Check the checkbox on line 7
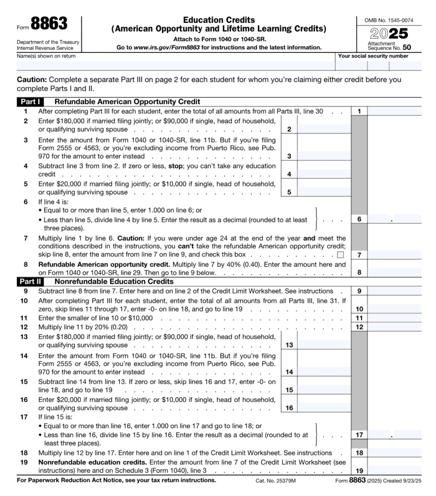(340, 254)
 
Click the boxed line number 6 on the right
(359, 219)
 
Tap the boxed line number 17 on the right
(359, 435)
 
